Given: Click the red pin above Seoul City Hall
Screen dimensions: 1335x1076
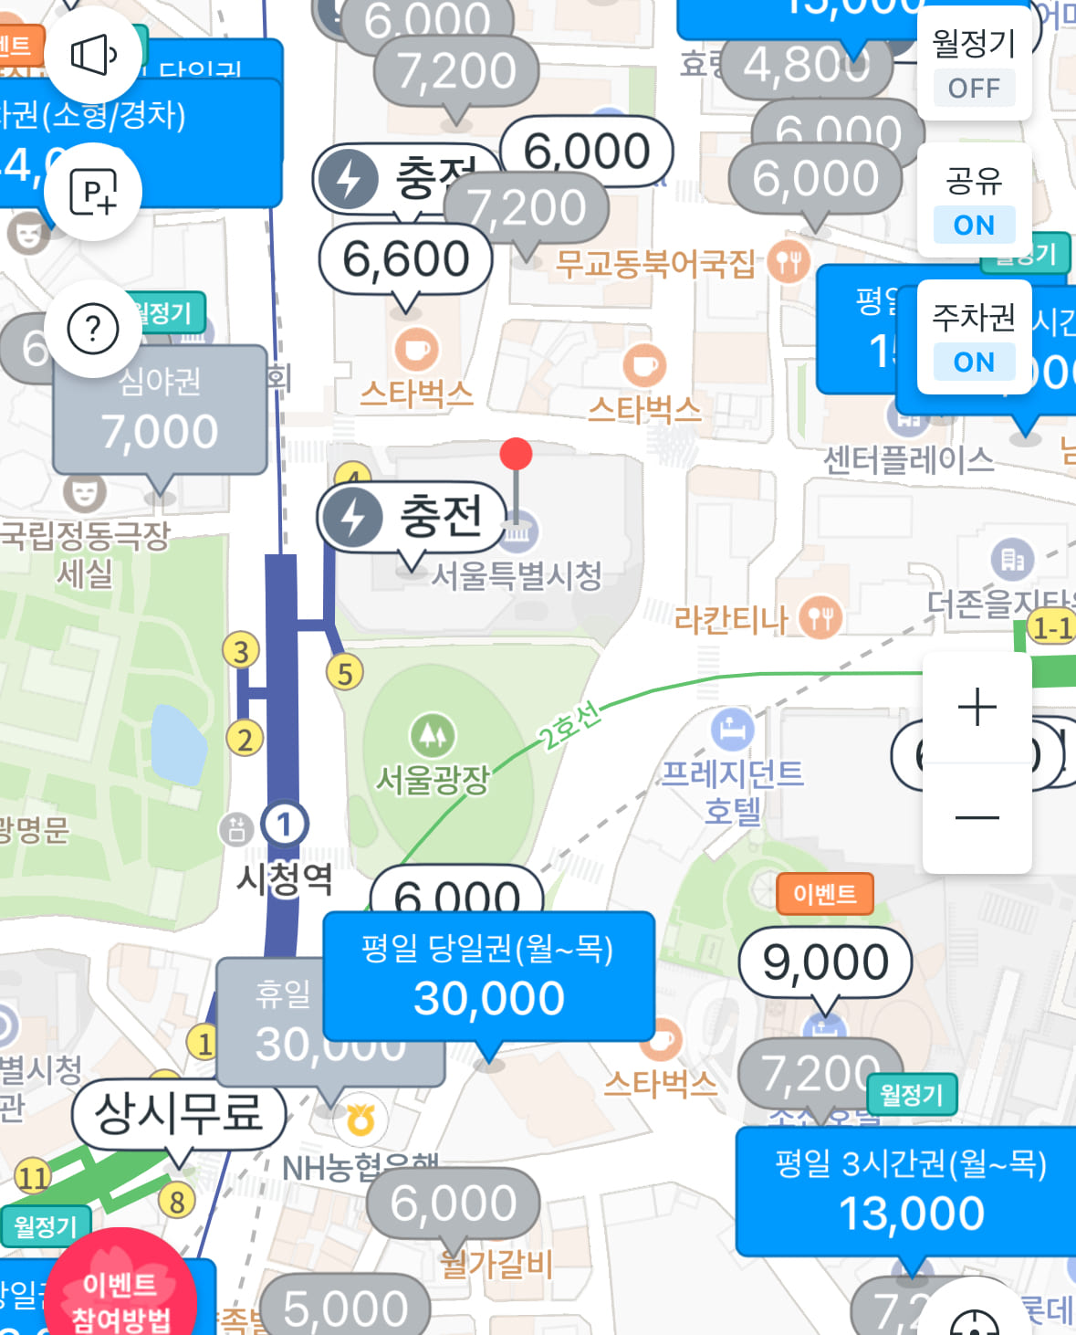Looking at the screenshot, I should click(517, 454).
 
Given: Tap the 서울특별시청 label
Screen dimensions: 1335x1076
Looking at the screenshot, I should click(517, 575).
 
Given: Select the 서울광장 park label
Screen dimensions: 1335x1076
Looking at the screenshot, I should click(433, 779).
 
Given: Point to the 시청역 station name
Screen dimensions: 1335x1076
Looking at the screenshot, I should click(285, 878).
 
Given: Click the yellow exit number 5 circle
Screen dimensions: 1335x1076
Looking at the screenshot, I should click(345, 673).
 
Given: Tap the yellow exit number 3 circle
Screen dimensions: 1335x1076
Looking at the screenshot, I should click(241, 651).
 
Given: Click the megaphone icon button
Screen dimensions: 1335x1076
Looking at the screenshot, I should click(94, 56).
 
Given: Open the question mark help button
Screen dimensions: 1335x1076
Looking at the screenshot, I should click(93, 329).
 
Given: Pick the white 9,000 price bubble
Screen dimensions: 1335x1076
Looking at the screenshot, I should click(825, 962).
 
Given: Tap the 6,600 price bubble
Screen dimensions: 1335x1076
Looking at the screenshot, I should click(406, 259).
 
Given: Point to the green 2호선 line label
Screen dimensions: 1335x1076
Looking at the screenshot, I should click(569, 725).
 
